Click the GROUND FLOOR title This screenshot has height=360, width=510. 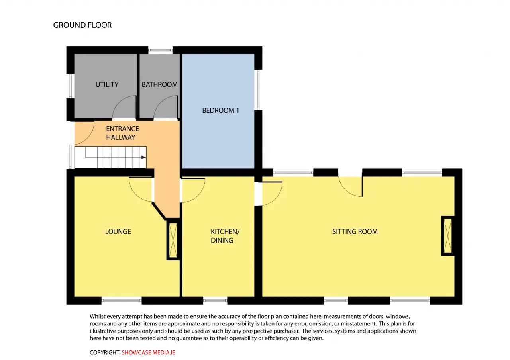[x=82, y=25]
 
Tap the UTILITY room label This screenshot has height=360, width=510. [x=107, y=84]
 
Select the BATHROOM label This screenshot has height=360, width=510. [x=159, y=84]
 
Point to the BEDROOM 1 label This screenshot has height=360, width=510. [x=220, y=110]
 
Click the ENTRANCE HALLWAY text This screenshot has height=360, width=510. [x=122, y=133]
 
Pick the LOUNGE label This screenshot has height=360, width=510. [x=118, y=232]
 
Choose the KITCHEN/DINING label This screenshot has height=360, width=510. [x=225, y=236]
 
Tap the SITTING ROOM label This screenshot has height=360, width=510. [x=355, y=232]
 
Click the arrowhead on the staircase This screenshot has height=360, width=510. [x=143, y=157]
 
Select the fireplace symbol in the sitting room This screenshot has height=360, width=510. [x=447, y=236]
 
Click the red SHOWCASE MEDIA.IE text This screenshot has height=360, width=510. [x=148, y=352]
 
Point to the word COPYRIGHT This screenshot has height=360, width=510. [x=105, y=352]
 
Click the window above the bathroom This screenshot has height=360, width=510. [x=160, y=50]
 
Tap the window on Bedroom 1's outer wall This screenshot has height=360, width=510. [x=258, y=90]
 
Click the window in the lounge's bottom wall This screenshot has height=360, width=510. [x=122, y=301]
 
